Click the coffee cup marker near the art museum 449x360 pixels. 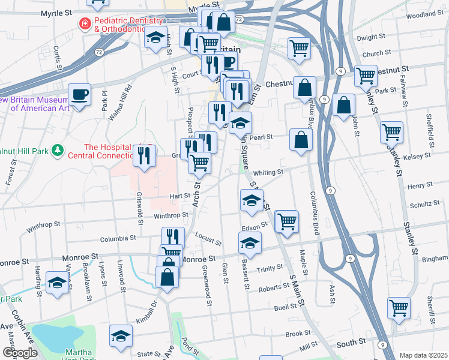pos(79,94)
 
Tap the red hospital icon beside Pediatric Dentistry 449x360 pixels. pos(85,24)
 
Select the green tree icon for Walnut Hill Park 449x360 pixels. pos(58,149)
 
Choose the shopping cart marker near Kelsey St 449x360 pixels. pos(391,131)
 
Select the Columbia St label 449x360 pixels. pos(123,239)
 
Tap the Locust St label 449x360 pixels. pos(208,239)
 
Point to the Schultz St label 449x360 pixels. pos(425,204)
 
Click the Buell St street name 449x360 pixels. pos(286,306)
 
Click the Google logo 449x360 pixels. pos(20,353)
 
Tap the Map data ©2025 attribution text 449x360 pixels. pos(423,355)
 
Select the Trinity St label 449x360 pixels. pos(271,268)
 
